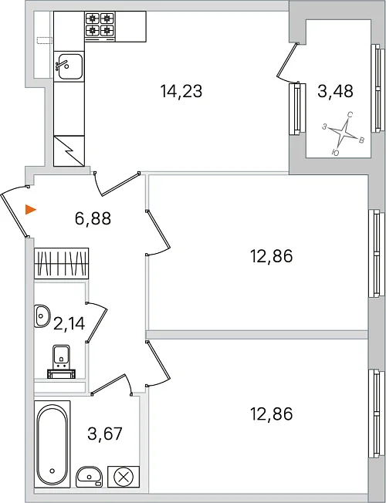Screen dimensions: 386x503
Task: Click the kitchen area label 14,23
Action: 181,91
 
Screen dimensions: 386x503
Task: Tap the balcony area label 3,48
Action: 335,91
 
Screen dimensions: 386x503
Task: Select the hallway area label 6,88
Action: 93,219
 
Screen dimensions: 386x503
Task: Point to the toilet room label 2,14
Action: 69,323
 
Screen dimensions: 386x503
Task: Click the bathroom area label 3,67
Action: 105,434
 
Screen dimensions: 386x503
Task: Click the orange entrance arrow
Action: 31,210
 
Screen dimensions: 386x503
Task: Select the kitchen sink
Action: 69,66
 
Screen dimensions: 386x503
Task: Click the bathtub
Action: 52,444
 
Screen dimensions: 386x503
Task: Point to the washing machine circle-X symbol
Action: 124,477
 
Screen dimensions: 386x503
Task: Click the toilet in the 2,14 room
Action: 61,362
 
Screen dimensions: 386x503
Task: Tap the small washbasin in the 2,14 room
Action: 42,316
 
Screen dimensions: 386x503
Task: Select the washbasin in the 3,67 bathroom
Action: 89,477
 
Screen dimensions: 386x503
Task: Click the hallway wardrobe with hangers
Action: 61,263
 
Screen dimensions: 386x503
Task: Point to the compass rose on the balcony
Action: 344,131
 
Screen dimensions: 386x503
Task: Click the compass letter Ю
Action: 335,153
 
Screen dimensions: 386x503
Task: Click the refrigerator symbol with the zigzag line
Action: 69,151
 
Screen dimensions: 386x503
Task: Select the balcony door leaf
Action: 288,59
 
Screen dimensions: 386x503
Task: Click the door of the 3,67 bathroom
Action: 108,383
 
